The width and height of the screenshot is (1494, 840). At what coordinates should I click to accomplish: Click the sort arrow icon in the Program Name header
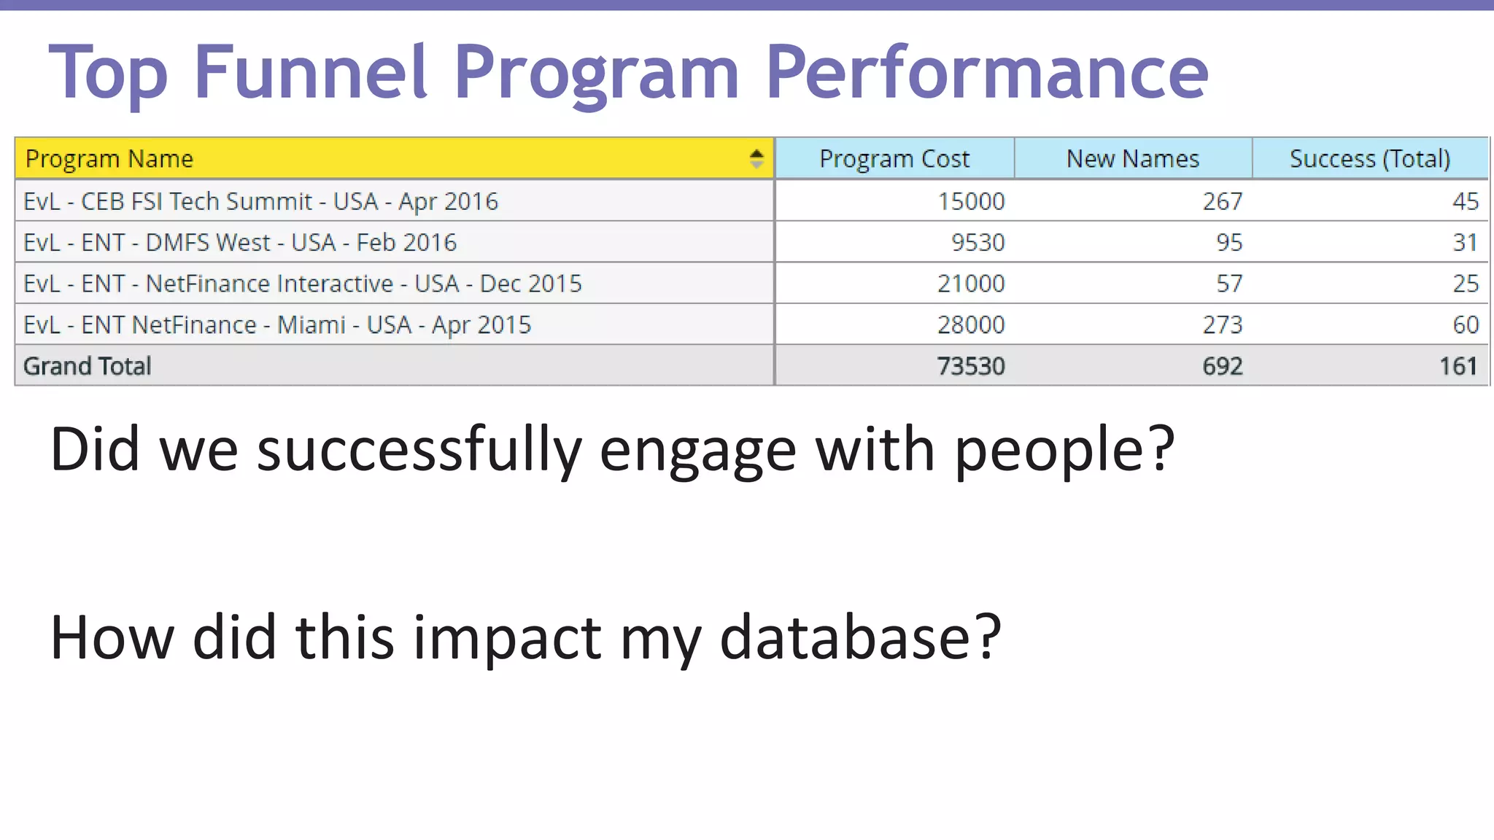[756, 158]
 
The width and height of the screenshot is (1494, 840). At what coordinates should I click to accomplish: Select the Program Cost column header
[894, 158]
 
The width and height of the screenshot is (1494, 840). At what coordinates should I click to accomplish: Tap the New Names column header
[1132, 158]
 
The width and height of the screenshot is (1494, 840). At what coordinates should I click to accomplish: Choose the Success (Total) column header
[1369, 158]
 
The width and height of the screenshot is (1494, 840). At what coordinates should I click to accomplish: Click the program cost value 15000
[970, 201]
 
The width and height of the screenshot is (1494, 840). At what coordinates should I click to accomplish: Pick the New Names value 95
[1228, 242]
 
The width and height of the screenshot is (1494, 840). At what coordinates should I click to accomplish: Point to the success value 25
[1465, 284]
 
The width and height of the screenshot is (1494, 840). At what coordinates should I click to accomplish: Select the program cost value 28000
[970, 324]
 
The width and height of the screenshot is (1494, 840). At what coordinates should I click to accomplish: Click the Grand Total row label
[88, 366]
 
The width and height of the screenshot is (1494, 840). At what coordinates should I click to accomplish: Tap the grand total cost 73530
[970, 366]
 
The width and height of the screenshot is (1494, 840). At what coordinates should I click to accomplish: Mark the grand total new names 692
[1222, 366]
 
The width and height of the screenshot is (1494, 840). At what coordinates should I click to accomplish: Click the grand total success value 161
[1458, 366]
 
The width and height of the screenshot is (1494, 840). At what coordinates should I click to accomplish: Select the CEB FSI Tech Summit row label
[260, 201]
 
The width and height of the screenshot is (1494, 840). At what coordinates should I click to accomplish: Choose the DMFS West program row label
[240, 242]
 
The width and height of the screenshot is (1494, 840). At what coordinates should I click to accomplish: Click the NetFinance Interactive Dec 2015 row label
[302, 284]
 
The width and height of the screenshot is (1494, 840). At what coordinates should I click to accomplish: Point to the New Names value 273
[1222, 324]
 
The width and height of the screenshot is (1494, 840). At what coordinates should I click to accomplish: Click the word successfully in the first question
[419, 450]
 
